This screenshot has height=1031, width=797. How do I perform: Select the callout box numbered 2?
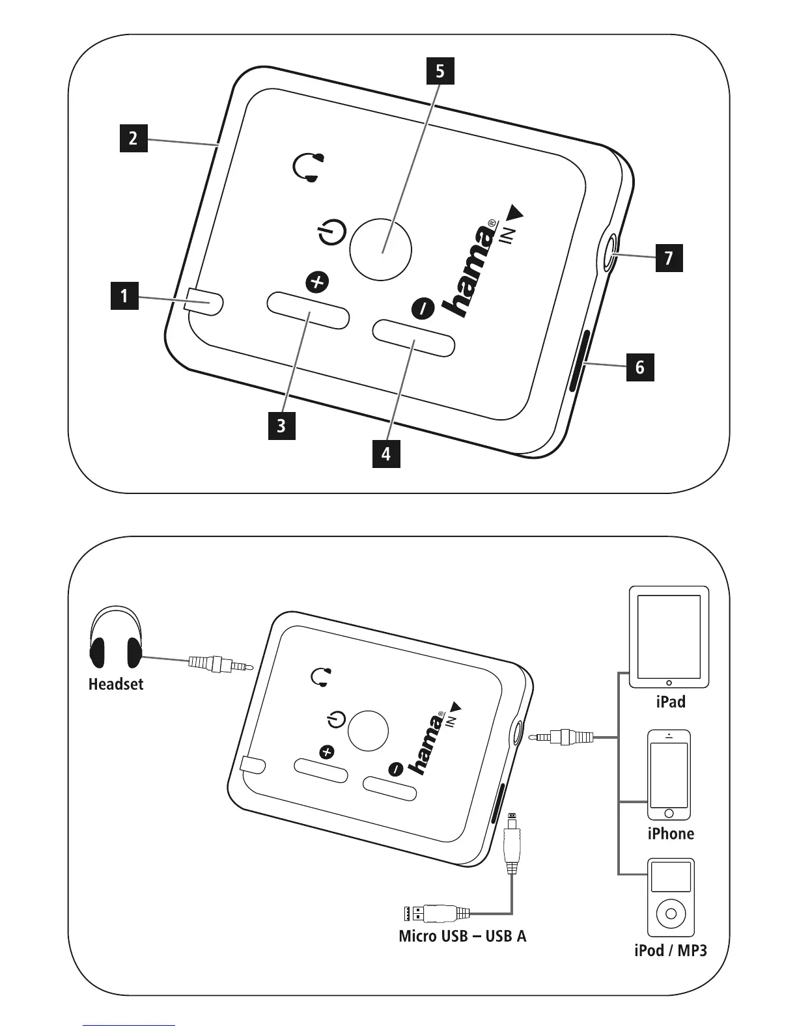(133, 138)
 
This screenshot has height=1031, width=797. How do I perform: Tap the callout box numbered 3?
(281, 426)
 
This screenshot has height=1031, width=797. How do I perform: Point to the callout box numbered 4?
(386, 453)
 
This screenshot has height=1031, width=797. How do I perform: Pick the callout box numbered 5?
(440, 71)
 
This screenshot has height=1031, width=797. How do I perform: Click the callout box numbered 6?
(640, 367)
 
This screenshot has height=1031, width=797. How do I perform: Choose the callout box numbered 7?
(669, 258)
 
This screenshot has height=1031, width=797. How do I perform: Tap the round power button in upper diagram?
(381, 250)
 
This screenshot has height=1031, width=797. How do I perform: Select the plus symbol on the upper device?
(318, 282)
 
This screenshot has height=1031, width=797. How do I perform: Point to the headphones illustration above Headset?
(116, 639)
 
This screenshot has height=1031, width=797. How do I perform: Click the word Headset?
(116, 684)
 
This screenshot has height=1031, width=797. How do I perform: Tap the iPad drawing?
(669, 637)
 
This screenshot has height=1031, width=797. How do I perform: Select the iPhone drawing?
(669, 775)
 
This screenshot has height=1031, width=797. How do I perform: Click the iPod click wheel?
(671, 913)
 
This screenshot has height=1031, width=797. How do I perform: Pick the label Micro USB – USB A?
(462, 936)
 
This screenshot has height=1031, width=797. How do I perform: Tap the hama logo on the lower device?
(426, 743)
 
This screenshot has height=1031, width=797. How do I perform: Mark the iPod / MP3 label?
(671, 950)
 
